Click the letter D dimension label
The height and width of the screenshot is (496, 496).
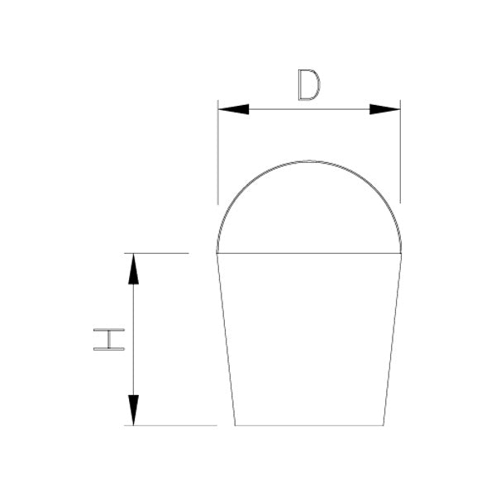(308, 85)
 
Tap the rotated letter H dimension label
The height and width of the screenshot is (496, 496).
(108, 339)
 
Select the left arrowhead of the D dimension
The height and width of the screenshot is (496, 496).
(233, 109)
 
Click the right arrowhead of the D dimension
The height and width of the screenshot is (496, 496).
(385, 109)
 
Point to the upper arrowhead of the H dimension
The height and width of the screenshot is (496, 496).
(133, 269)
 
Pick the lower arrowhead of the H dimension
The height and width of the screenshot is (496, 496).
(133, 410)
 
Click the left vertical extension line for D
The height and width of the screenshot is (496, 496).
(218, 157)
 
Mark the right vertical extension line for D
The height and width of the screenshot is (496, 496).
(400, 157)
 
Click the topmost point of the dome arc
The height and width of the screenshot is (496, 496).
(309, 160)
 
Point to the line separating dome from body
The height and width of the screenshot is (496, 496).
(309, 253)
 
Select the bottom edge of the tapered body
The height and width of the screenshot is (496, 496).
(309, 426)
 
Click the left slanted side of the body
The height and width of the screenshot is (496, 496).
(226, 339)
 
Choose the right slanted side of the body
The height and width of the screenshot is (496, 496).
(393, 339)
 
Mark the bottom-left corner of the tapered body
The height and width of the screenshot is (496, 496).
(235, 426)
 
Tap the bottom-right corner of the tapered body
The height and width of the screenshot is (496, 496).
(384, 426)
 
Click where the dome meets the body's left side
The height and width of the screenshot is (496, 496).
(217, 253)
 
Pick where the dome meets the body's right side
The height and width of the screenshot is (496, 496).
(402, 253)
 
